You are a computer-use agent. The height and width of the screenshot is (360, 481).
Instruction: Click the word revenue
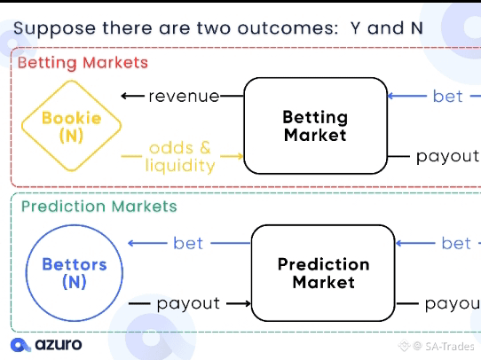(x=184, y=96)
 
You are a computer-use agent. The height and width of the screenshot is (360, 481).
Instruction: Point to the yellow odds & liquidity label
(x=180, y=157)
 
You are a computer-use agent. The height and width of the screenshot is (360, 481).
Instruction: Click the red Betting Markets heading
(x=83, y=63)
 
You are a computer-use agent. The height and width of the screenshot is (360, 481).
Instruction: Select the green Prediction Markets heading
(x=99, y=207)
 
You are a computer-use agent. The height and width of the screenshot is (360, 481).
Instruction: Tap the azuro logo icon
(x=20, y=345)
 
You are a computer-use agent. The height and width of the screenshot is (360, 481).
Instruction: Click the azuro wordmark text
(x=59, y=344)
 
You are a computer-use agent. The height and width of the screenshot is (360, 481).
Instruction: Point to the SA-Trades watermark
(x=437, y=346)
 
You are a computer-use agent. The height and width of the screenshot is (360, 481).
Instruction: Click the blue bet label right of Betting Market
(x=447, y=97)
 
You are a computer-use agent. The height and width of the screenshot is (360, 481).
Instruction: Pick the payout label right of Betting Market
(x=448, y=157)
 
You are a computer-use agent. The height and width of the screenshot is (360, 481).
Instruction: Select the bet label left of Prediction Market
(x=188, y=243)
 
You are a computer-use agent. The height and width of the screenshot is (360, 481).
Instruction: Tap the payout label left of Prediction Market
(x=188, y=304)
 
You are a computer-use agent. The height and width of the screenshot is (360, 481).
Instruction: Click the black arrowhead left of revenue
(x=124, y=96)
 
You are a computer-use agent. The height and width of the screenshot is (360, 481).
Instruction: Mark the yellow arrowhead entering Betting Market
(x=240, y=156)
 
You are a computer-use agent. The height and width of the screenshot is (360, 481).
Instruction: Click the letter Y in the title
(x=355, y=28)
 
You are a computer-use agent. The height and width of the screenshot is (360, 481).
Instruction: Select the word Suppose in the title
(x=55, y=29)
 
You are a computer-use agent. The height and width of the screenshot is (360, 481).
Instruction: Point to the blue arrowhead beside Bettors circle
(x=131, y=243)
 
